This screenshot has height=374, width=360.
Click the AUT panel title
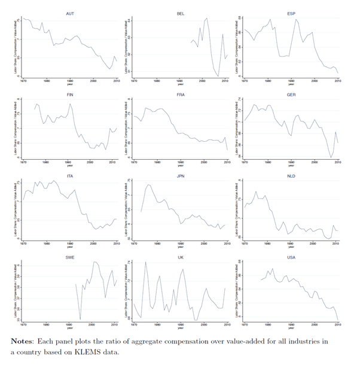coord(70,13)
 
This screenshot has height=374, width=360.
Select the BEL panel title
coord(181,13)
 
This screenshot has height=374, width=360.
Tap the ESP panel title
coord(291,13)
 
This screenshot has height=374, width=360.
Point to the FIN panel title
coord(70,94)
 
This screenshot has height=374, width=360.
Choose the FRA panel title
coord(181,94)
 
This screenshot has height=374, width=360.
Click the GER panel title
coord(291,94)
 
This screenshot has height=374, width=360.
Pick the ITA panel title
coord(70,176)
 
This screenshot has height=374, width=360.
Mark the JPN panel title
coord(181,176)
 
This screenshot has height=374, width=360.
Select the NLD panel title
coord(291,176)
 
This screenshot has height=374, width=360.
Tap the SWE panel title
coord(70,257)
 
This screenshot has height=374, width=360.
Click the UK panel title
coord(181,257)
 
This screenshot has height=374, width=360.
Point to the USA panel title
coord(291,257)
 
